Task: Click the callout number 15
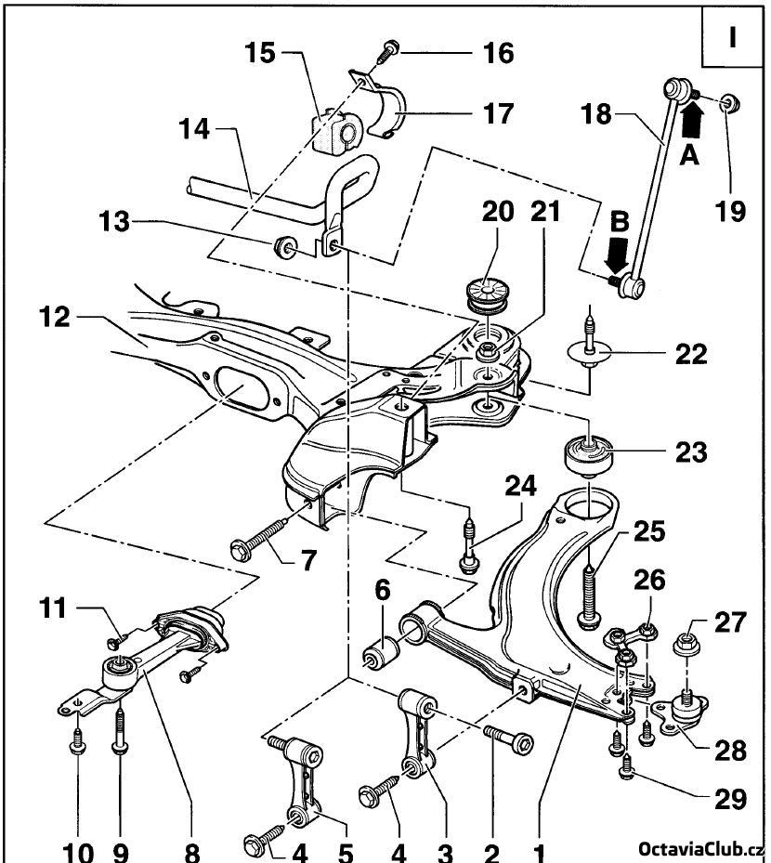click(x=260, y=53)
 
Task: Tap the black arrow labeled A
click(x=692, y=120)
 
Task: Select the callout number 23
click(x=691, y=452)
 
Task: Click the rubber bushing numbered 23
click(x=589, y=456)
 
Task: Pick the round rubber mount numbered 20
click(x=487, y=295)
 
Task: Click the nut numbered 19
click(x=730, y=103)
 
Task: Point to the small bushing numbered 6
click(x=382, y=649)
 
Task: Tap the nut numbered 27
click(x=686, y=643)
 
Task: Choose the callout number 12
click(x=55, y=318)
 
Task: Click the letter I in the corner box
click(x=732, y=37)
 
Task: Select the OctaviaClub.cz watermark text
click(x=700, y=850)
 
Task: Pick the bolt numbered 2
click(x=508, y=739)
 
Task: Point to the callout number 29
click(x=730, y=799)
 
